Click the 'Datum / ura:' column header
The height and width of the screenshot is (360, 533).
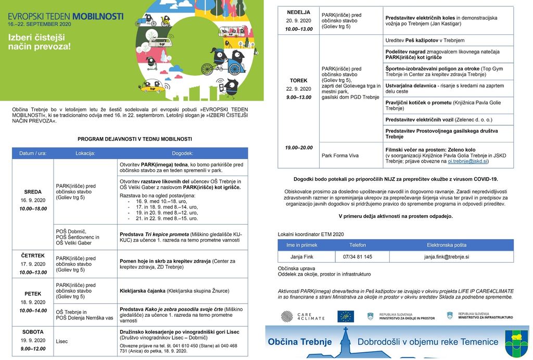click(x=32, y=153)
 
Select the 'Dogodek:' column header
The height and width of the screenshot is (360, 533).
click(x=182, y=153)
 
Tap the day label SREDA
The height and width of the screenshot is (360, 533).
click(x=32, y=192)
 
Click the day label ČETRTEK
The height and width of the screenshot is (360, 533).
click(x=33, y=255)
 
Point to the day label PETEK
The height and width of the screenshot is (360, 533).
click(x=33, y=294)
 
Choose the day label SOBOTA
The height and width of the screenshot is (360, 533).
click(x=33, y=332)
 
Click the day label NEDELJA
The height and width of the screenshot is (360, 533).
click(x=298, y=12)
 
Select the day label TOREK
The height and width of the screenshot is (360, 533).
click(x=298, y=80)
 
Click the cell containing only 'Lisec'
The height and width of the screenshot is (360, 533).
click(x=62, y=341)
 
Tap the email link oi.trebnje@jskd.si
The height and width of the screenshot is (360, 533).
click(x=467, y=162)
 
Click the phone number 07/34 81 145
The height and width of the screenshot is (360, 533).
click(x=357, y=257)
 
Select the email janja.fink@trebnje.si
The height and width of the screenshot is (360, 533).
click(x=446, y=257)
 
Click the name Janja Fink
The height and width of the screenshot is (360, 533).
click(x=302, y=257)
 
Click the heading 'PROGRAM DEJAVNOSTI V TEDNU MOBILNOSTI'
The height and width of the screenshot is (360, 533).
click(x=135, y=139)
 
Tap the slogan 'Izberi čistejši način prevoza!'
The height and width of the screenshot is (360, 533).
click(x=39, y=41)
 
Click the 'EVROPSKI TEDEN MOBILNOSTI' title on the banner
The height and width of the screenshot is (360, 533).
click(x=65, y=16)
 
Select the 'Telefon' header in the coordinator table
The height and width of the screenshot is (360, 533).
click(x=357, y=245)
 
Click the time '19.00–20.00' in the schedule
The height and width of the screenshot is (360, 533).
click(x=298, y=147)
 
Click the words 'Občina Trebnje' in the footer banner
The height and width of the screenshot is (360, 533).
click(x=299, y=342)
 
